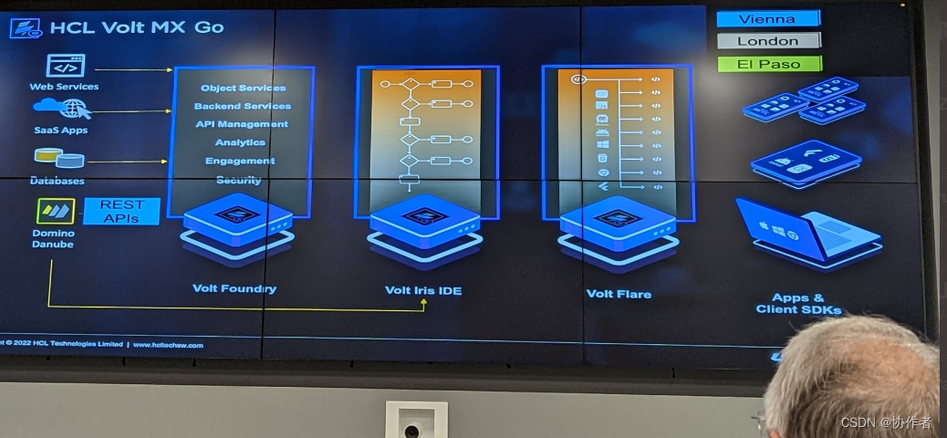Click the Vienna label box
pos(767,19)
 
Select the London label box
pos(768,41)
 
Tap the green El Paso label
pos(768,64)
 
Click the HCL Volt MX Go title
pos(136,26)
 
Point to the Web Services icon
pos(65,66)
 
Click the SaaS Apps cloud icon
pos(63,109)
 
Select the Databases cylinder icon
pos(58,159)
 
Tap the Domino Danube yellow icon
pos(56,212)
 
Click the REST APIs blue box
pos(121,212)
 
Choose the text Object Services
pos(243,88)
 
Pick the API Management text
pos(242,124)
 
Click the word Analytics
pos(241,142)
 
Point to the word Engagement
pos(240,161)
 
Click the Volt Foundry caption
pos(234,288)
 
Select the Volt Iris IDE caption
pos(423,291)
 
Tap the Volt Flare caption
pos(619,294)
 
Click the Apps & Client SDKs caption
pos(798,304)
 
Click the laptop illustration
pos(807,233)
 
